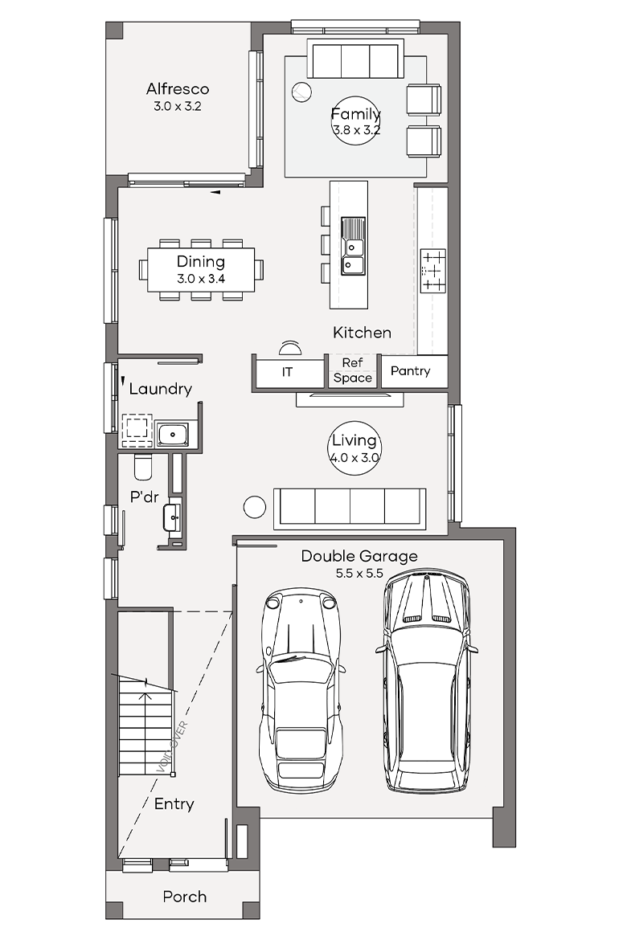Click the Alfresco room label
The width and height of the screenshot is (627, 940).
[x=178, y=88]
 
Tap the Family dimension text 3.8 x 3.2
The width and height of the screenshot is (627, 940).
[x=356, y=130]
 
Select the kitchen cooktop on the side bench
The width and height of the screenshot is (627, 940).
[x=433, y=271]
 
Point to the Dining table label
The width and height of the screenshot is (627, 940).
[x=201, y=261]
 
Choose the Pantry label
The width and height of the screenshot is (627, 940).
[x=411, y=371]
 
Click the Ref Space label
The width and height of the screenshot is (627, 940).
[x=353, y=370]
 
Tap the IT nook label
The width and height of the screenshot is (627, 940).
[x=288, y=372]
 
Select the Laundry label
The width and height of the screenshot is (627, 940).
[x=160, y=389]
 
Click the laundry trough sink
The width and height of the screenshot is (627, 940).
[x=172, y=434]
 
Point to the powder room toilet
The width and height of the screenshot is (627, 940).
[x=143, y=467]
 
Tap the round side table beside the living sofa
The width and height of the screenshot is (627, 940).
[x=254, y=507]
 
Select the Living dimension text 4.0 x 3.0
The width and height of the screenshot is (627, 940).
[x=354, y=457]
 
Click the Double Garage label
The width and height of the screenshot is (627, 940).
[x=359, y=556]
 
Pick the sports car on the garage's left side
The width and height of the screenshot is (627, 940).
[x=301, y=691]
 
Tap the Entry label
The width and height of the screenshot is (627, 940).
[x=174, y=804]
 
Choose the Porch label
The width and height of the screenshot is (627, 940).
[x=185, y=897]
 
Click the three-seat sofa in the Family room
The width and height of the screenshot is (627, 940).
[x=355, y=59]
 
